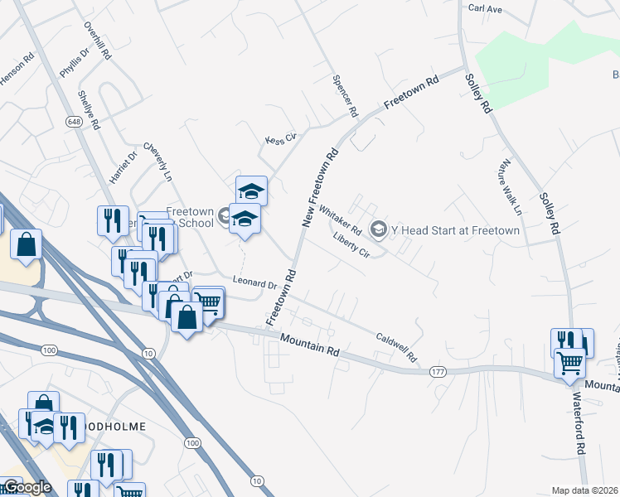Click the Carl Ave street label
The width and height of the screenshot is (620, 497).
(x=486, y=8)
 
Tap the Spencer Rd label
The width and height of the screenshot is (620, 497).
(x=344, y=95)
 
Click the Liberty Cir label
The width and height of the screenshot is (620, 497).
(x=351, y=245)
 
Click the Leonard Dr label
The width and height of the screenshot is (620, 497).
(x=254, y=283)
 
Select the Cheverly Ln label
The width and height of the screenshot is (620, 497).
(x=157, y=160)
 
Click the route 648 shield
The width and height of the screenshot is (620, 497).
(x=75, y=121)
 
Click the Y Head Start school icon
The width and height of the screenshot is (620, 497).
(x=379, y=229)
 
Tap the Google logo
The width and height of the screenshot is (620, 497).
(x=27, y=487)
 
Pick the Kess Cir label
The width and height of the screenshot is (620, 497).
(x=280, y=138)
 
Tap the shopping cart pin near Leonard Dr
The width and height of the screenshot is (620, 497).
(x=208, y=302)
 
